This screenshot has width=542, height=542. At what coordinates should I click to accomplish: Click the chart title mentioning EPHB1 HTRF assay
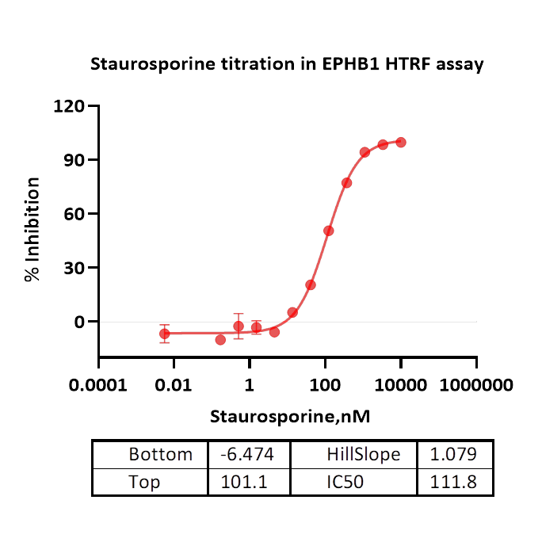286,64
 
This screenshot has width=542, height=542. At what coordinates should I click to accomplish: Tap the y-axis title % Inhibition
32,230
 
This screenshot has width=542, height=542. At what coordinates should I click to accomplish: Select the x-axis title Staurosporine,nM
290,415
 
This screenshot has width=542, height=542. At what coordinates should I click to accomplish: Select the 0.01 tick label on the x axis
174,385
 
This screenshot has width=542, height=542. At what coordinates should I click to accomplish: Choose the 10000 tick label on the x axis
400,385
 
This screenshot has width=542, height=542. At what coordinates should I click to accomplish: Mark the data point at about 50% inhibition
328,231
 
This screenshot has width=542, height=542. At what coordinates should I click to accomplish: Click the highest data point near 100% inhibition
401,142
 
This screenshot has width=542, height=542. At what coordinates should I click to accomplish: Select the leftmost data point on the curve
164,334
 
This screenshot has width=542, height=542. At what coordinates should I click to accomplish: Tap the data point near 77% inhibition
346,183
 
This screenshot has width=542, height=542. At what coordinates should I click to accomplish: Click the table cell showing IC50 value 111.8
454,482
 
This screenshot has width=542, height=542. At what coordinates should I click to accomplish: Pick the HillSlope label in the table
363,455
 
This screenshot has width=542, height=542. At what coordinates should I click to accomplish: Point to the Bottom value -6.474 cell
249,455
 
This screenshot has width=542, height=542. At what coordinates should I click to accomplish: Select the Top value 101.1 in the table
249,482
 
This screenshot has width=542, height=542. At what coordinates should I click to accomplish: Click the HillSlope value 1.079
454,455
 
